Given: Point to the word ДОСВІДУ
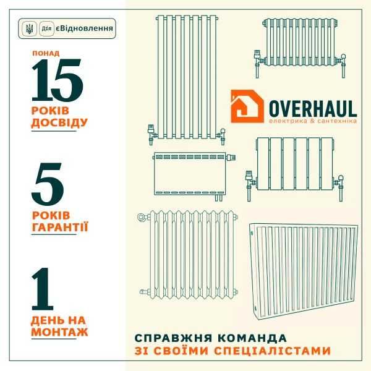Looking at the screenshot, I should tap(59, 122).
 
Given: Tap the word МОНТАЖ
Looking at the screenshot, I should tap(59, 332).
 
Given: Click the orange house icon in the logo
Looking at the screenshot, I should tap(247, 106).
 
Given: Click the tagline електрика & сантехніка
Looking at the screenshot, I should tap(312, 122).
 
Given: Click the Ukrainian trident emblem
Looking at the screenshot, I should tap(28, 29).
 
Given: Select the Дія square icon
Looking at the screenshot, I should tap(46, 29).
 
